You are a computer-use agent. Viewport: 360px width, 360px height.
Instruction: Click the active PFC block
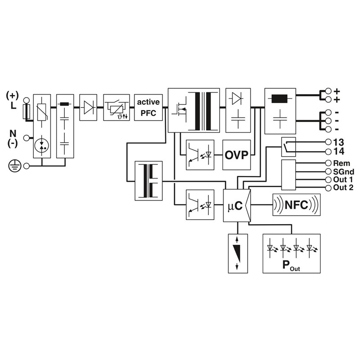coord(148,108)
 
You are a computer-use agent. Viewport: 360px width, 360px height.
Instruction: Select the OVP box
coord(237,155)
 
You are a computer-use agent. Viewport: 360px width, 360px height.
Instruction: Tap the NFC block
coord(297,205)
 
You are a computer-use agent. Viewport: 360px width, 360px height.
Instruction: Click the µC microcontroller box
coord(237,206)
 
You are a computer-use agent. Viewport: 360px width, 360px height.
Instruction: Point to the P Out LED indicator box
coord(292,254)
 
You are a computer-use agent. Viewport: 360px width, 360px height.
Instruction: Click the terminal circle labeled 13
coord(328,142)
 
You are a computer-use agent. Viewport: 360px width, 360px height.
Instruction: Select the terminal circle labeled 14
coord(328,152)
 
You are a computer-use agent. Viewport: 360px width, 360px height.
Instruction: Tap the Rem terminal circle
coord(328,163)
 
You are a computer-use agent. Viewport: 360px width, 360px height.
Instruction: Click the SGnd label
coord(344,172)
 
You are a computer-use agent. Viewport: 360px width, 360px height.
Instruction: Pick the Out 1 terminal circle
coord(328,180)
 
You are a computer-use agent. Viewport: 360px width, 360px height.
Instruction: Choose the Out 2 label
coord(343,188)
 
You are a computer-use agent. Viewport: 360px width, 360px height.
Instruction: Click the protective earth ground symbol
coord(15,166)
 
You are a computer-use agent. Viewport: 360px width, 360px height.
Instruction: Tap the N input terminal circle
coord(27,138)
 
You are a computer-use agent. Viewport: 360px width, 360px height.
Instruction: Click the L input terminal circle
coord(27,100)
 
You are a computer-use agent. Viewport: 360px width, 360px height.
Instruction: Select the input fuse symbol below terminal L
coord(27,112)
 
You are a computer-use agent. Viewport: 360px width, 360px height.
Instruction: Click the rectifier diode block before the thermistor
coord(88,107)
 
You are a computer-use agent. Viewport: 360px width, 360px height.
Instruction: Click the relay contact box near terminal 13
coord(288,147)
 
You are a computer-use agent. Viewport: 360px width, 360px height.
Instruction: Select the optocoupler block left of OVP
coord(200,155)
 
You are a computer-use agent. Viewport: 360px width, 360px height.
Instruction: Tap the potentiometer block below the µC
coord(238,254)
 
